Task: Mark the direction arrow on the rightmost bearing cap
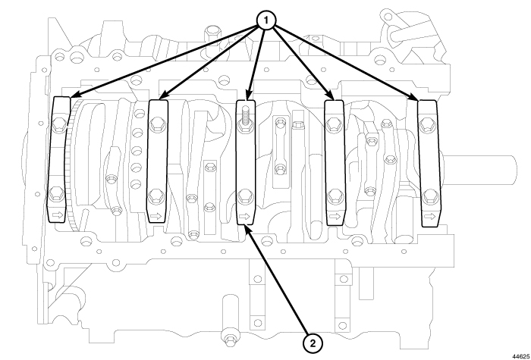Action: click(x=429, y=217)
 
